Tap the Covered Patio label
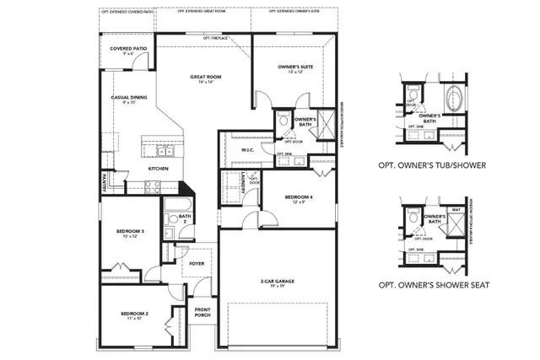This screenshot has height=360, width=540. click(129, 50)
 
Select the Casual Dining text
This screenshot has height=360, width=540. click(129, 99)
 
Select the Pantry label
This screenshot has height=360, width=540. click(104, 179)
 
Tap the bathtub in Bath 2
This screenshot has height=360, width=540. click(178, 207)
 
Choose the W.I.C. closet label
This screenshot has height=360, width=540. click(248, 150)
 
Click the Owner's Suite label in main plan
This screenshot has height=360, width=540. click(296, 67)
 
